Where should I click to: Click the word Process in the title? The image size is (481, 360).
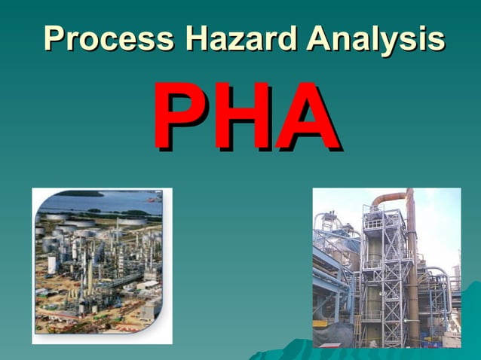click(x=109, y=38)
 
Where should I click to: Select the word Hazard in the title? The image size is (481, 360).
click(x=237, y=38)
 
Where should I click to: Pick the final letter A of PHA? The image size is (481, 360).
click(x=305, y=117)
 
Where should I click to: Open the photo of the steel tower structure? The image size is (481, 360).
click(x=386, y=267)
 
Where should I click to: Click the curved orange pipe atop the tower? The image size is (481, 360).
click(x=388, y=198)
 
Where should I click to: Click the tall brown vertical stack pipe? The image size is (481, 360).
click(x=412, y=271)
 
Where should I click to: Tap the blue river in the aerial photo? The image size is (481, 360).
click(x=98, y=203)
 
